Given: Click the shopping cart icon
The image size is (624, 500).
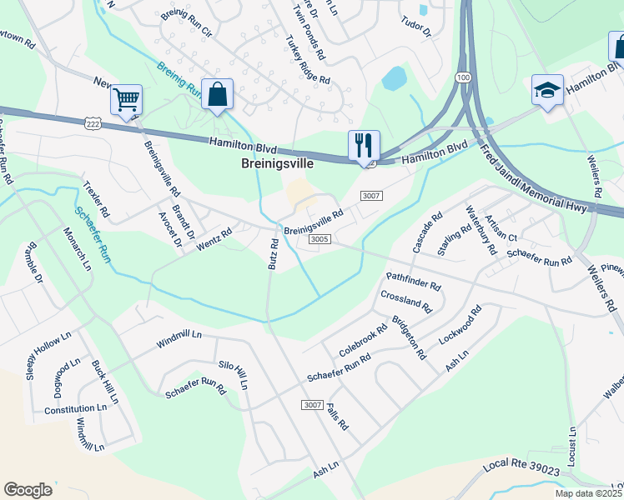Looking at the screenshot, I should [x=126, y=101].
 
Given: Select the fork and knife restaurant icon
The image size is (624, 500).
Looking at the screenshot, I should [x=364, y=145].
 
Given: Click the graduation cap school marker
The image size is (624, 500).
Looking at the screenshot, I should [x=547, y=91].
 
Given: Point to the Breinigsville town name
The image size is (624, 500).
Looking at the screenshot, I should [x=277, y=164].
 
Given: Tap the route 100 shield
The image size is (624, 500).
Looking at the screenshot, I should [x=463, y=77].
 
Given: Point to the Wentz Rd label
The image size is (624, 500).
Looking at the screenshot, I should [x=214, y=242].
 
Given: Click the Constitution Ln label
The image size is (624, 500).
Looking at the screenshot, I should [x=77, y=409].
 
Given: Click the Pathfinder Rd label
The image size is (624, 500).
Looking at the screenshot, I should [x=412, y=281].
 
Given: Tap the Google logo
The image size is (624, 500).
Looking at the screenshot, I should [x=28, y=489].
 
